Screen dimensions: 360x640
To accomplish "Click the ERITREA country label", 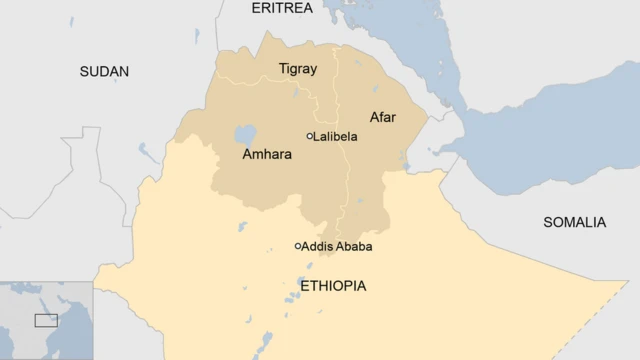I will click(281, 8).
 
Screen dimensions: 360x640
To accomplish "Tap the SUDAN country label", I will click(104, 71).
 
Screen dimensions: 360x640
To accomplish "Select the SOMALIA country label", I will click(574, 222).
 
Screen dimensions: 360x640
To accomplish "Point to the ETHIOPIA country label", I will click(333, 286).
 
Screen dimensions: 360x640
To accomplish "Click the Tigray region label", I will click(297, 69).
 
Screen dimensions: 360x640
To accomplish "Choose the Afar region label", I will click(382, 117).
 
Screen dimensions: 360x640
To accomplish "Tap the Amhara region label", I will click(267, 155).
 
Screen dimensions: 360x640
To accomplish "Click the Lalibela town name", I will click(336, 136).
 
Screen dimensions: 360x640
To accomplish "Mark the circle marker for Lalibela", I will click(310, 136).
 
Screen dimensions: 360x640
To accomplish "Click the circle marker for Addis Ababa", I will click(298, 246).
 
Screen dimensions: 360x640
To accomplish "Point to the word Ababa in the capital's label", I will click(356, 246).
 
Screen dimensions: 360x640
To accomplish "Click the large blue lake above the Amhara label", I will click(244, 134).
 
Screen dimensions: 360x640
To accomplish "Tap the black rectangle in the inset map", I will click(46, 320).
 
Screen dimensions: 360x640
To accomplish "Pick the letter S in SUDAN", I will click(84, 71).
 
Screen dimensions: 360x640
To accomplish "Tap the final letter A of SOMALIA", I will click(601, 222).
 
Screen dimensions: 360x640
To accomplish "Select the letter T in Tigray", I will click(282, 69).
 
